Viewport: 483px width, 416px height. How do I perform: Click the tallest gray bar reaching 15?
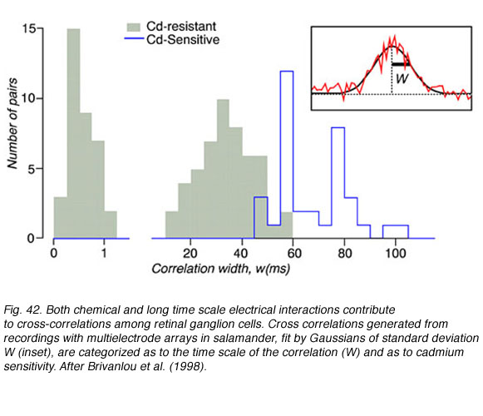point(73,133)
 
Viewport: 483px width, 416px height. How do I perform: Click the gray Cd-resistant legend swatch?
point(134,27)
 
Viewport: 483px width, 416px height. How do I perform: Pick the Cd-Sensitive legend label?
point(183,40)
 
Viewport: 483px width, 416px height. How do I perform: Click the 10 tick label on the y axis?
point(28,99)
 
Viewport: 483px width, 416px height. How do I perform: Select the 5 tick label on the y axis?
point(32,169)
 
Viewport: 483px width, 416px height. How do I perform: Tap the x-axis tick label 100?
point(396,254)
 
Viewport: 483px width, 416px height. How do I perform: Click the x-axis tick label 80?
point(344,254)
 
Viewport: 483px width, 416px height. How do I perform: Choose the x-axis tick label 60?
point(293,254)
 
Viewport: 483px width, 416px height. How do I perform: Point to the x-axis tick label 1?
point(104,254)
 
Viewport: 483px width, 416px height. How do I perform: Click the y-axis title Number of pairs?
point(12,123)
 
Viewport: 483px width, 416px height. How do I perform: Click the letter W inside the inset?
point(402,79)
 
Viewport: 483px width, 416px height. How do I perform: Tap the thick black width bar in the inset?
point(401,64)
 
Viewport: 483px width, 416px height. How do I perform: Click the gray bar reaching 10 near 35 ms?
point(223,169)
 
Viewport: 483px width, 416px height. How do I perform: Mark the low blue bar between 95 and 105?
point(396,225)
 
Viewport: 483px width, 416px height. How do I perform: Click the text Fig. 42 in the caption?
point(22,310)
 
